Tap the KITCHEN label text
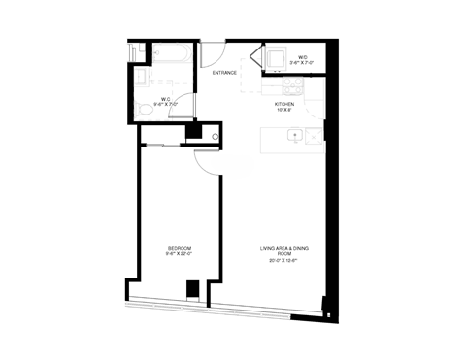[x=283, y=103]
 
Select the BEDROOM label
[x=179, y=249]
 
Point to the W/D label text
[x=304, y=57]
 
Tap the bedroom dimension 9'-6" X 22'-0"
[x=179, y=255]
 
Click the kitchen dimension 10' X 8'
[x=283, y=110]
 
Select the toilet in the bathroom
[x=146, y=111]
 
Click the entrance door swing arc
[x=216, y=51]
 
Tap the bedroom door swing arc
[x=207, y=165]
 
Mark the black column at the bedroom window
[x=192, y=288]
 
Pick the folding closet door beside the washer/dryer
[x=256, y=58]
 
